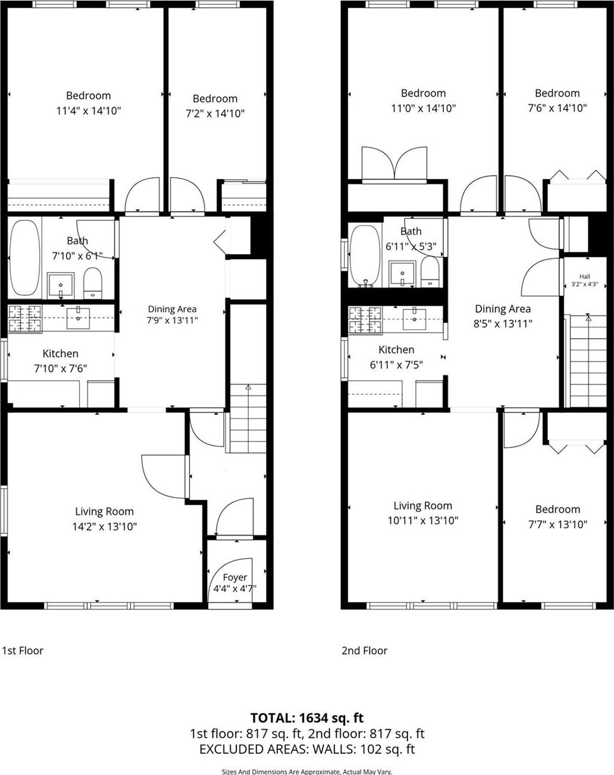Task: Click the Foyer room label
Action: coord(234,577)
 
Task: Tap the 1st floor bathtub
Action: coord(24,258)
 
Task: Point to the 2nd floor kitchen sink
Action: coord(414,319)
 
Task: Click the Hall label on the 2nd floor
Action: coord(584,276)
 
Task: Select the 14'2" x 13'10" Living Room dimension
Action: coord(105,526)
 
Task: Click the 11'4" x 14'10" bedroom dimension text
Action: coord(89,111)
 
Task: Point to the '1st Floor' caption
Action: coord(23,651)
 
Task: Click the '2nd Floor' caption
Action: coord(364,651)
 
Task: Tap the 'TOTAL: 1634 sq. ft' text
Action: coord(307,718)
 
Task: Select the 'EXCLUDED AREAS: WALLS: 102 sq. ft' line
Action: coord(307,749)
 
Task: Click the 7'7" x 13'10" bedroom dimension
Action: coord(557,524)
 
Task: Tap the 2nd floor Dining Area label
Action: coord(503,309)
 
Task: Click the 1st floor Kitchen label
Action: coord(61,354)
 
